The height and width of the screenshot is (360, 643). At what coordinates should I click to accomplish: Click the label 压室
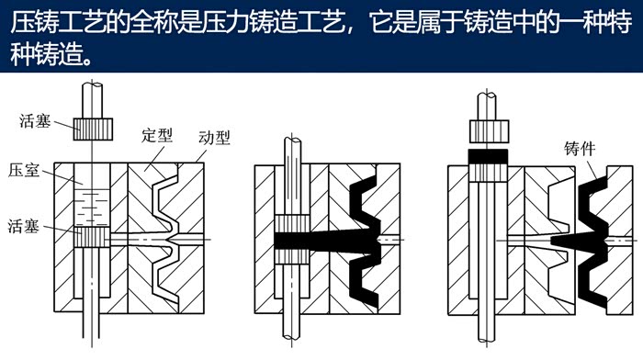23,170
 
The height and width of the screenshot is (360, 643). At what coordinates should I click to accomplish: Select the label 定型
157,135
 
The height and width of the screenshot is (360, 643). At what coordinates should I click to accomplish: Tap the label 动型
214,138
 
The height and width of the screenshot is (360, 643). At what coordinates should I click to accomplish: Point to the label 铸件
580,149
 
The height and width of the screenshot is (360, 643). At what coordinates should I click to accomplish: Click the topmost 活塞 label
35,121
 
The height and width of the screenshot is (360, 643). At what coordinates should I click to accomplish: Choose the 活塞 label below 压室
23,226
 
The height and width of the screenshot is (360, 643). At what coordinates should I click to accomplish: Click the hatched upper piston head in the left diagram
93,129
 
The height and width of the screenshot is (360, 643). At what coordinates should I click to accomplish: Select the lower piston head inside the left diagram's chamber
92,237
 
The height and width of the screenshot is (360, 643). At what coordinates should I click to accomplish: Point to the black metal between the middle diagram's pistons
292,242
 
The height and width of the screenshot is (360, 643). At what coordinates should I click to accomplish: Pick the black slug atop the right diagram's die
488,156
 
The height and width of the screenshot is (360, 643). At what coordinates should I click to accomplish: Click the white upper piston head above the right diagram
489,131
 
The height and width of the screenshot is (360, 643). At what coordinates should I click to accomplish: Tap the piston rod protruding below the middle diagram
292,326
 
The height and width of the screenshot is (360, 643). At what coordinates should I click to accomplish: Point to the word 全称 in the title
149,22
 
